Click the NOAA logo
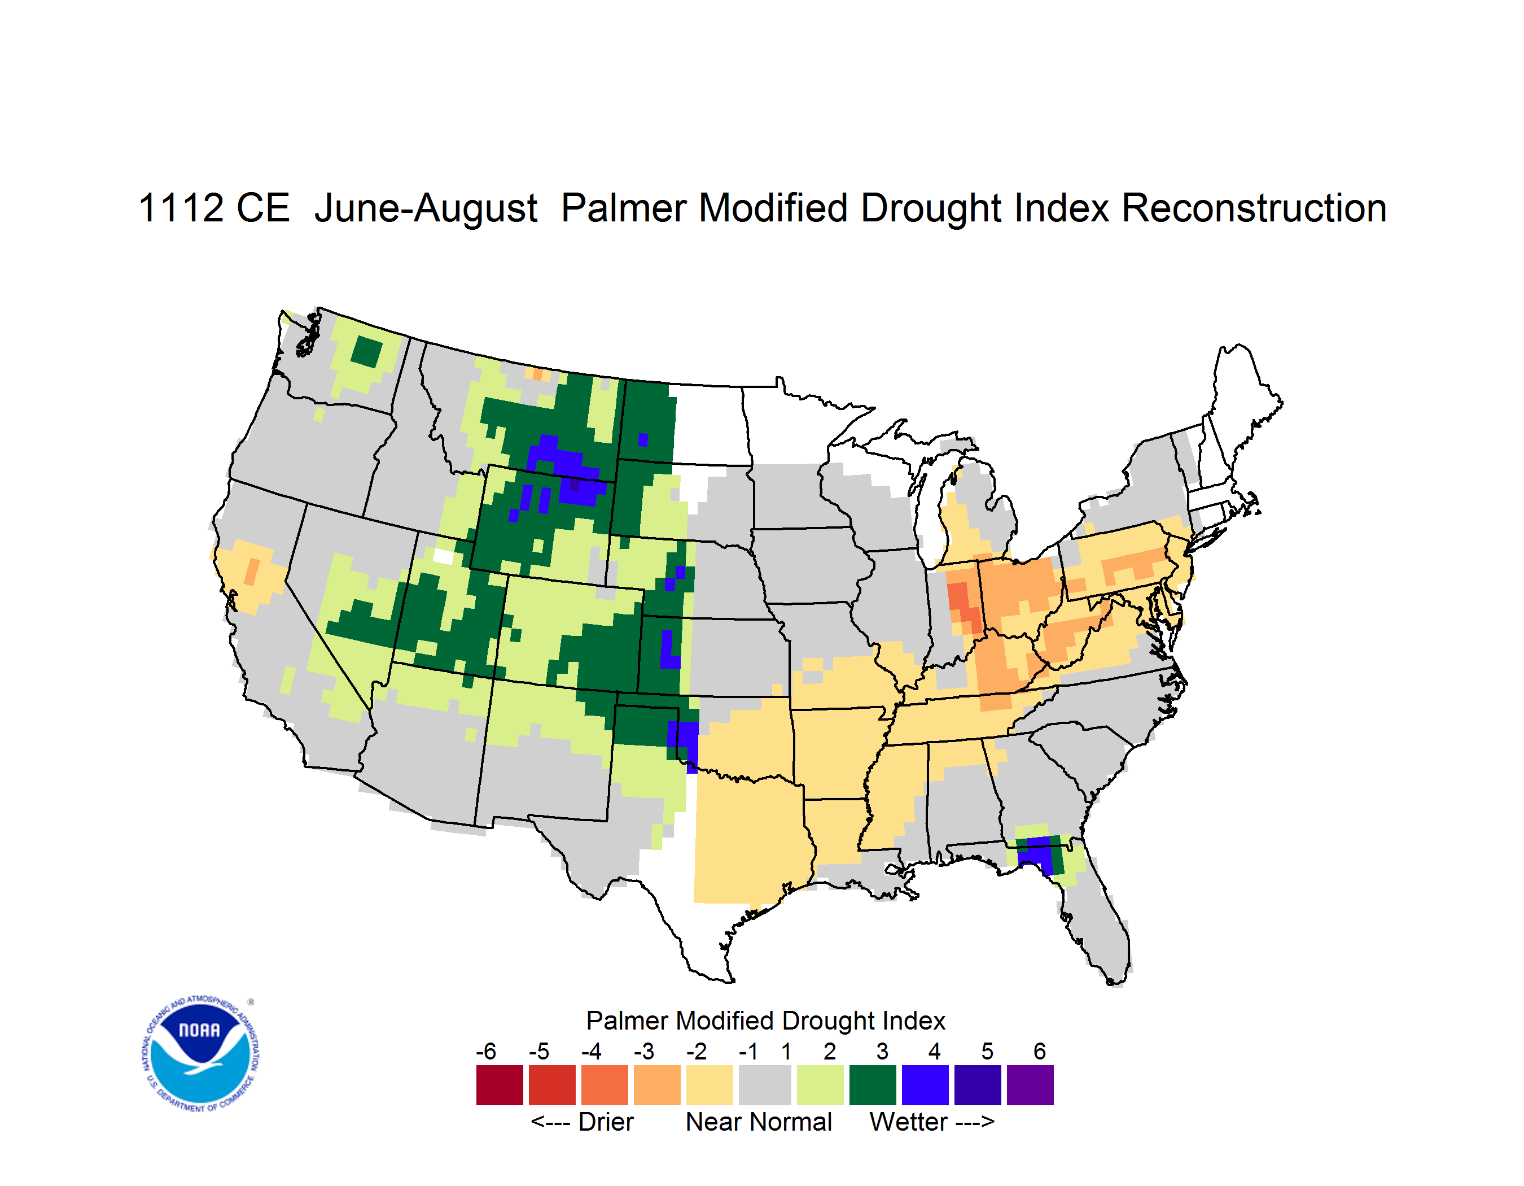[200, 1054]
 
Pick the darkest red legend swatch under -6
[500, 1085]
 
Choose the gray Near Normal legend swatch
[765, 1085]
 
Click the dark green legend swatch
[872, 1085]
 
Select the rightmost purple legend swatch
[1030, 1085]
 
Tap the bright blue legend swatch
[925, 1085]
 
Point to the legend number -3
[643, 1051]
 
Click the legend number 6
[1040, 1051]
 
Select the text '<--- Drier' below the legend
[582, 1122]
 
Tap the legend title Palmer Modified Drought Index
[765, 1021]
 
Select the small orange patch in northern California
[252, 572]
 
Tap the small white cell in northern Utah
[444, 556]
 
